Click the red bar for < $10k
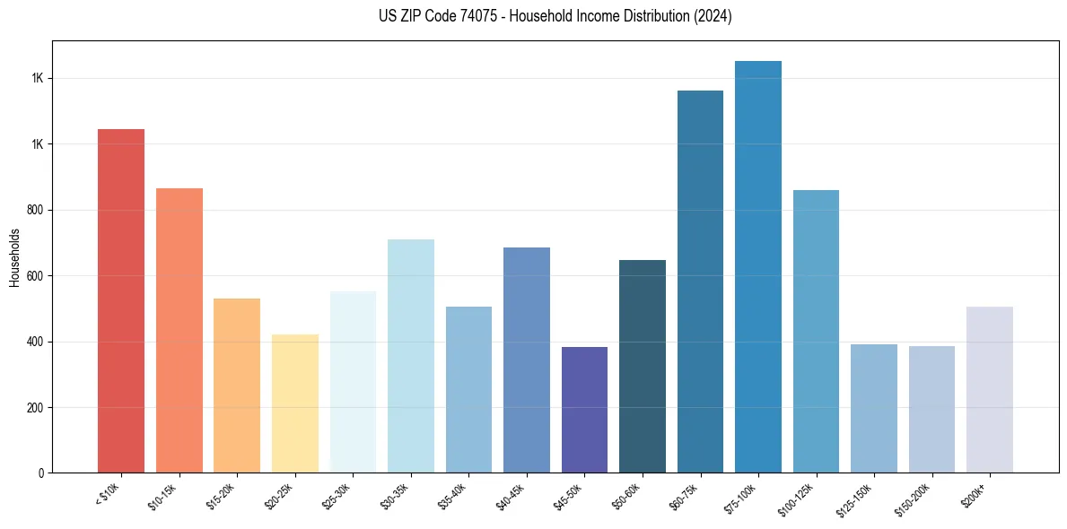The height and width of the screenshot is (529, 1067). coord(121,300)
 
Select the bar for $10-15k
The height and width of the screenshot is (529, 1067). coord(179,330)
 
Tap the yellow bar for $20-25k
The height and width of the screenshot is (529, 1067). coord(295,403)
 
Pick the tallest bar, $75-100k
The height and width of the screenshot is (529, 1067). coord(758,266)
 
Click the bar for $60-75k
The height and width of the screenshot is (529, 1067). coord(700,282)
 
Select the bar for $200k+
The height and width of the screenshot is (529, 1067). coord(990,390)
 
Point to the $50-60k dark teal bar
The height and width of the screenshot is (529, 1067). coord(643,366)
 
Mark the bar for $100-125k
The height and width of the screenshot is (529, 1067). coord(816,331)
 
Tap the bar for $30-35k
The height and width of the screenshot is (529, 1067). coord(411,356)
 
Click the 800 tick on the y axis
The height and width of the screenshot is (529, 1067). coord(35,210)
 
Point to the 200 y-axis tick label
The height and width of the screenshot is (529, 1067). coord(35,408)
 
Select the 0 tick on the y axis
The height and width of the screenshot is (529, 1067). coord(41,473)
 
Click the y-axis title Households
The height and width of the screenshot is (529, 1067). coord(14,257)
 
